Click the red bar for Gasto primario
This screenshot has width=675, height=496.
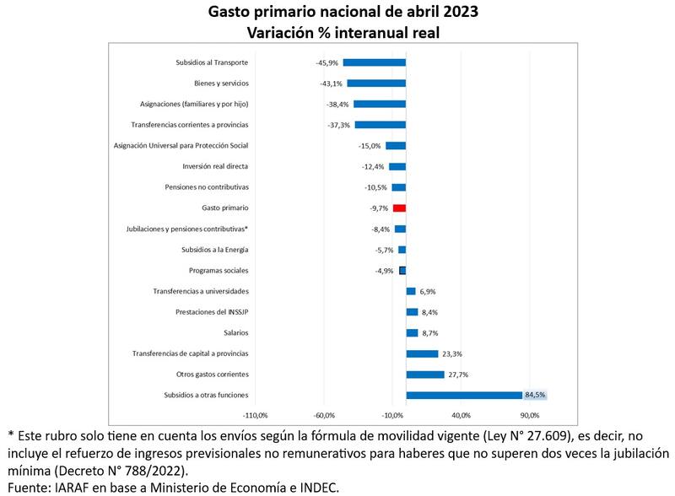[x=399, y=208]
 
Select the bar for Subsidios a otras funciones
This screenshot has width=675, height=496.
[x=464, y=395]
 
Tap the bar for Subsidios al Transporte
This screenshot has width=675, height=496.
[x=374, y=62]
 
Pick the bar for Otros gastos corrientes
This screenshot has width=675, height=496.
[x=425, y=374]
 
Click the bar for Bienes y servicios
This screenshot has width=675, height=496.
[x=376, y=83]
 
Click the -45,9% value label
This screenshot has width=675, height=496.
[x=326, y=62]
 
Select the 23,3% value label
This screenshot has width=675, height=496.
[x=451, y=353]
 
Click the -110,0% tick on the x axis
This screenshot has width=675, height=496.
[x=255, y=415]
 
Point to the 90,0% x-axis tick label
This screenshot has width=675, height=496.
[x=529, y=415]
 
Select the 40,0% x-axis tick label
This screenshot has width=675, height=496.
[x=461, y=415]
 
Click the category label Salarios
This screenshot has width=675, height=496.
[x=235, y=332]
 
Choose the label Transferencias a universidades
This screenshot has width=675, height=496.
[x=201, y=291]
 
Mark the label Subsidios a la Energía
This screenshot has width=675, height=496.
[x=214, y=250]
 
